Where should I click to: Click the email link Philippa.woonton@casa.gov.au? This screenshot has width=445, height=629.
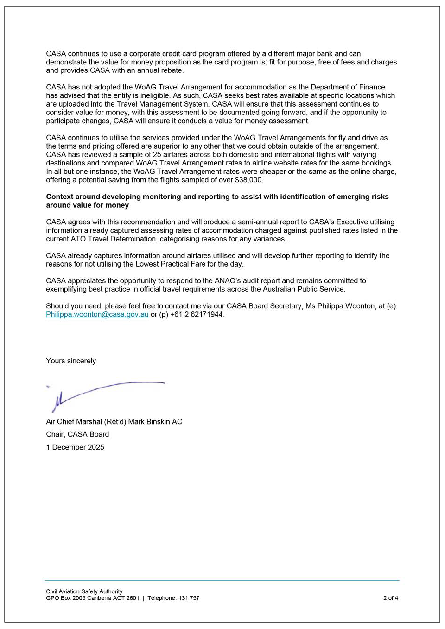(x=97, y=314)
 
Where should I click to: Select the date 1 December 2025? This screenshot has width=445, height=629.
(x=75, y=447)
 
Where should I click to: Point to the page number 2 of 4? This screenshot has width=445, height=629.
(x=390, y=598)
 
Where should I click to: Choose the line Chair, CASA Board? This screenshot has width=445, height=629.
(x=77, y=434)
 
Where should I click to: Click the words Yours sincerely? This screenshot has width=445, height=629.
(x=71, y=361)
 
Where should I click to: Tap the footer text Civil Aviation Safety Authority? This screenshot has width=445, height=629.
(x=84, y=591)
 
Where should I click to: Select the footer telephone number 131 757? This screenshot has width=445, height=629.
(x=189, y=598)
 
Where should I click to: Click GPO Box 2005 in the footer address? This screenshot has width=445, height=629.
(x=66, y=598)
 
